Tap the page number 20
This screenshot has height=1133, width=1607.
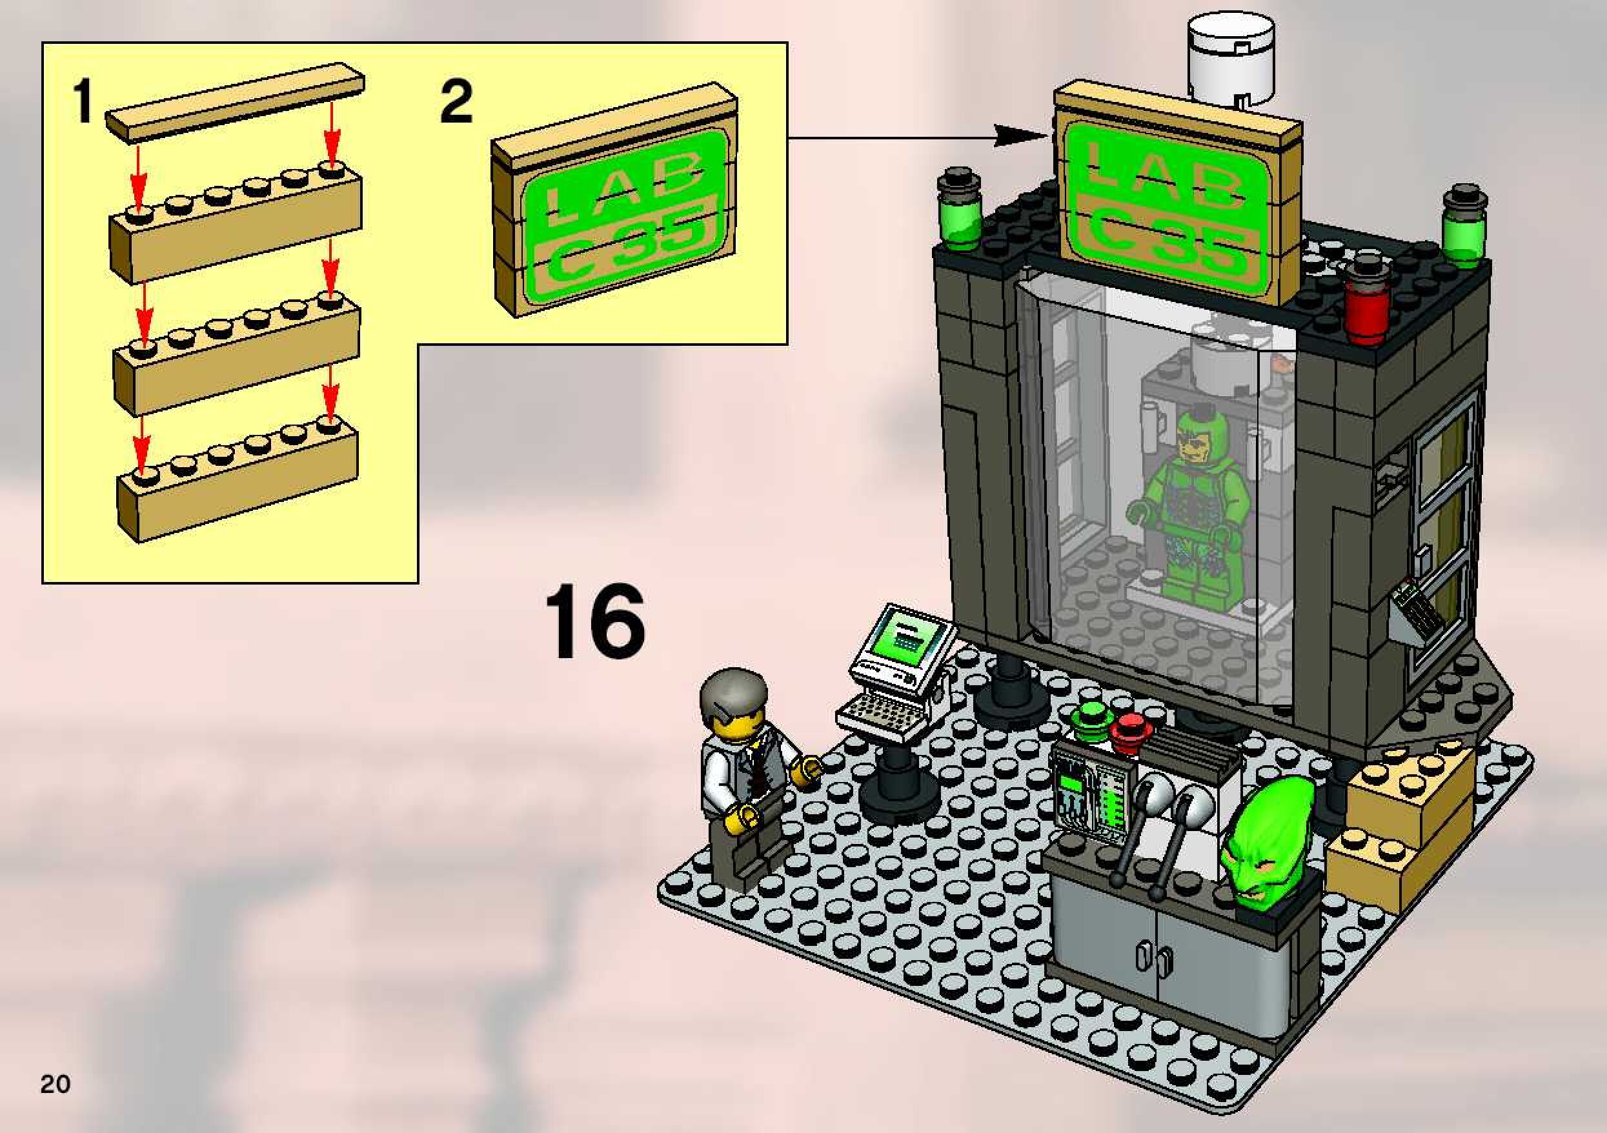(56, 1084)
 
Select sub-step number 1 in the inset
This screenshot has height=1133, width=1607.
(83, 101)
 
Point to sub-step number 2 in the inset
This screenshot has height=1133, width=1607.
(456, 102)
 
